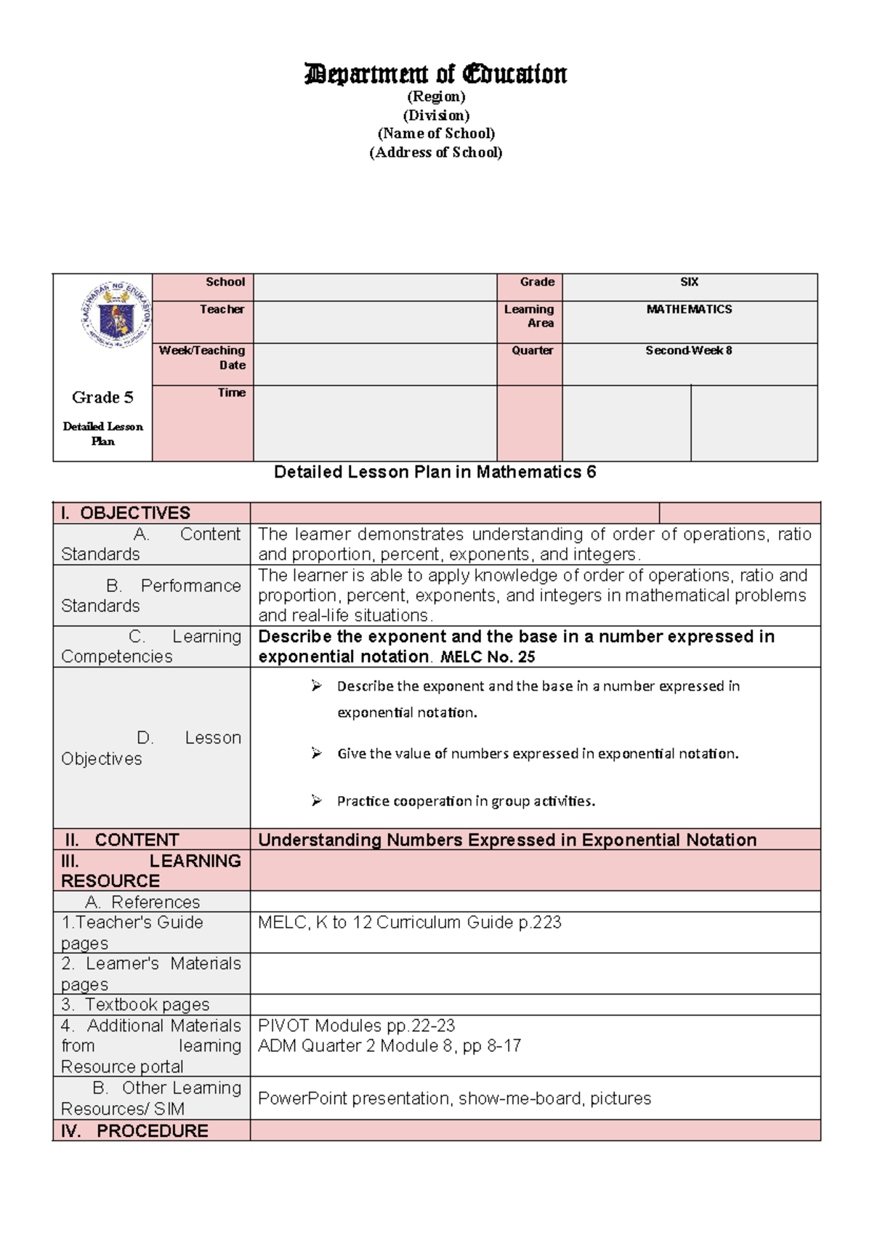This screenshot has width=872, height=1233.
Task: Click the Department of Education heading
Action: [435, 74]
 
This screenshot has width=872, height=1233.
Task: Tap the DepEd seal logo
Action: [115, 315]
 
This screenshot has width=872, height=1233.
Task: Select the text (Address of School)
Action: [435, 153]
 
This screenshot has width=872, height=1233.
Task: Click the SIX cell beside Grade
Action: [689, 282]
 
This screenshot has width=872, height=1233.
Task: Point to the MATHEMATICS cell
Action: [689, 310]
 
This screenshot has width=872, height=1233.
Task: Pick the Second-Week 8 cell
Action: [689, 350]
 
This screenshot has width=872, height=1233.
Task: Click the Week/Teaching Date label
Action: [203, 358]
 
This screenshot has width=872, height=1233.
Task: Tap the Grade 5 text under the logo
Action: [102, 397]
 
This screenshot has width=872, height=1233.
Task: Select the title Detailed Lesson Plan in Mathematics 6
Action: [435, 473]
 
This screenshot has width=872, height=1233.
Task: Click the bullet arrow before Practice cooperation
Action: [316, 801]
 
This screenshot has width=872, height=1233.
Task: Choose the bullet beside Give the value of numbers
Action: [316, 754]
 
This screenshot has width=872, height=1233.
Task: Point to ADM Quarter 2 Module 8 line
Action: [389, 1046]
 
